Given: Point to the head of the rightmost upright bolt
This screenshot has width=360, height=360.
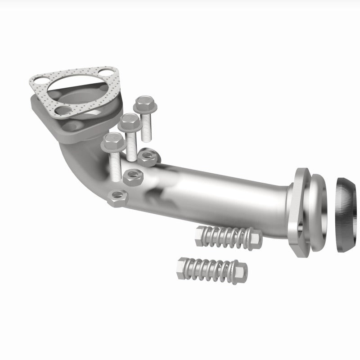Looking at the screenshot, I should pyautogui.click(x=144, y=105).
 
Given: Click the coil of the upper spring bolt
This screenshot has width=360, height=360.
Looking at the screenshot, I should pyautogui.click(x=225, y=236).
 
